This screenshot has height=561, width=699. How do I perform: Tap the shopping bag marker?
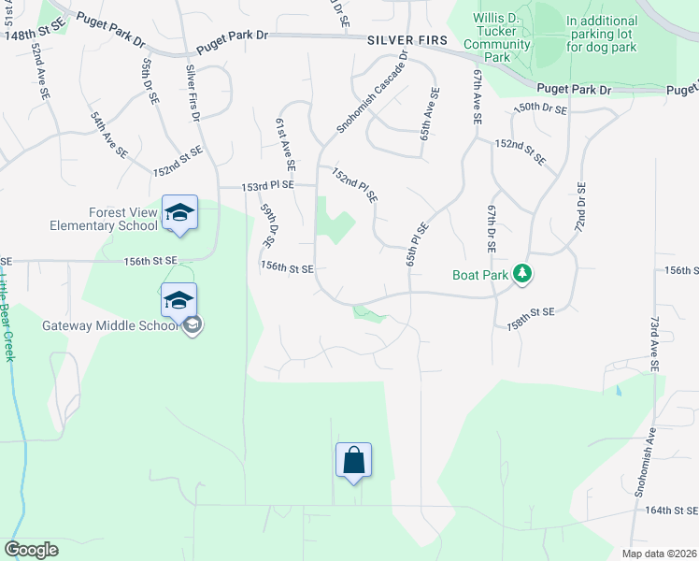point(353,460)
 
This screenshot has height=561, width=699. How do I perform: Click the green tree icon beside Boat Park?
point(525,275)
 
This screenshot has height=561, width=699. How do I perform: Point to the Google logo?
point(31,550)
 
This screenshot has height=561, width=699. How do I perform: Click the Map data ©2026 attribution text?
point(658,554)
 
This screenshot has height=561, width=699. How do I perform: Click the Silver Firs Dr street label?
point(193,93)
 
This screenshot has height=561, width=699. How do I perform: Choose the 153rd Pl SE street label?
point(267,186)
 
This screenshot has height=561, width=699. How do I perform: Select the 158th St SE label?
point(531,318)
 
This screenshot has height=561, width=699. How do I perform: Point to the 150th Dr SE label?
point(540,108)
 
